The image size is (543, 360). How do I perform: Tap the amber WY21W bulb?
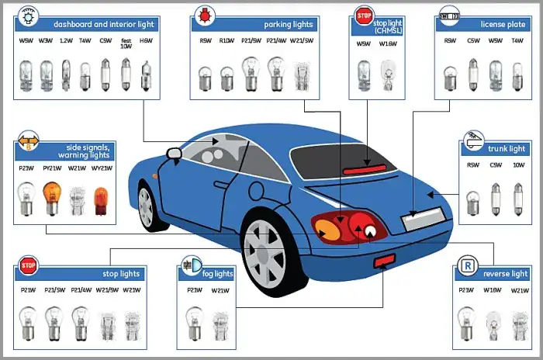pos(102,201)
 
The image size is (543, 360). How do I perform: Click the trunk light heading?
pos(507,148)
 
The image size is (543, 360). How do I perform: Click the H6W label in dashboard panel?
pos(145,40)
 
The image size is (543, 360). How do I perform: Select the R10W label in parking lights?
pos(227,40)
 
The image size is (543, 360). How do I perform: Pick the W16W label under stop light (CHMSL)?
pos(388,44)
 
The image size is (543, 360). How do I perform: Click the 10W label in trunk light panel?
pos(519,165)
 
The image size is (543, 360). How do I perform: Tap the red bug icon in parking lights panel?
pos(206,15)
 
